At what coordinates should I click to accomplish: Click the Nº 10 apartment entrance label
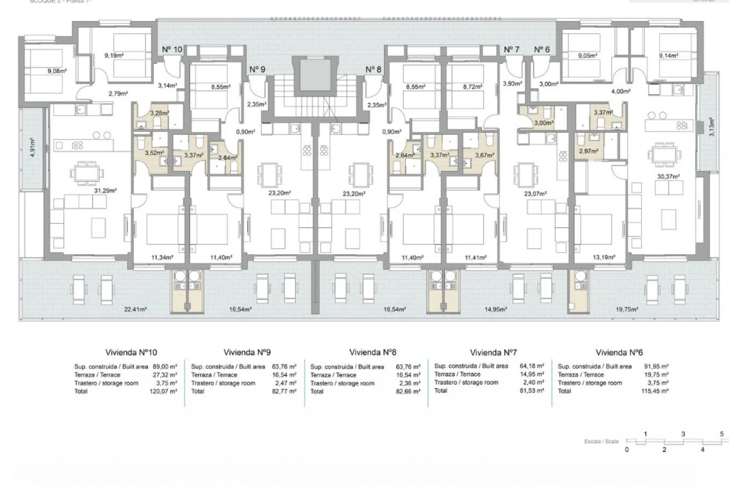(x=172, y=50)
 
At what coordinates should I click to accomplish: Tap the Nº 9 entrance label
(x=257, y=69)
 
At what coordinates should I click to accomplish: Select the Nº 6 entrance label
(x=541, y=50)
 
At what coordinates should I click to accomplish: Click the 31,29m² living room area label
(x=106, y=191)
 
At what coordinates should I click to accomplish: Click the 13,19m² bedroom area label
(x=604, y=257)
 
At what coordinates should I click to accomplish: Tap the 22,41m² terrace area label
(x=136, y=309)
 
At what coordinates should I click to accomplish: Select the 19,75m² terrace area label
(x=626, y=309)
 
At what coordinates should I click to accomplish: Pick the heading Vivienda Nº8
(x=372, y=352)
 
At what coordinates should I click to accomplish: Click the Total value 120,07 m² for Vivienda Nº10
(x=163, y=391)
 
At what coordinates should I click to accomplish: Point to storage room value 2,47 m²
(x=284, y=383)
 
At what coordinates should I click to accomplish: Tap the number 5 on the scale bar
(x=722, y=434)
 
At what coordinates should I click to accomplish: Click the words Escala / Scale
(x=601, y=441)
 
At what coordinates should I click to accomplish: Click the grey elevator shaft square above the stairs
(x=314, y=74)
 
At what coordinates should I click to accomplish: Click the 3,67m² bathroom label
(x=485, y=155)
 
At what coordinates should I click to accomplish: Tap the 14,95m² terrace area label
(x=496, y=309)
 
